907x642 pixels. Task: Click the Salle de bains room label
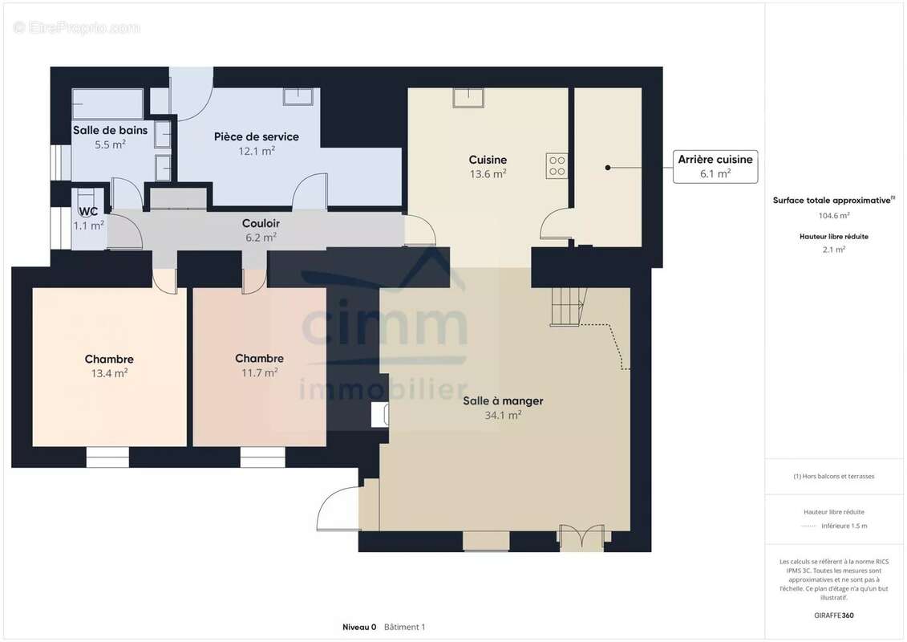pos(110,130)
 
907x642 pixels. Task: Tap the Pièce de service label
pos(257,136)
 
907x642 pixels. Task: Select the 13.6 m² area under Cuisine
pos(488,173)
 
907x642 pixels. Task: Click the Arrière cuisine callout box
pos(715,167)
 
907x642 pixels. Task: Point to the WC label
pos(88,211)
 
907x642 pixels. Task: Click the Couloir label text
pos(261,223)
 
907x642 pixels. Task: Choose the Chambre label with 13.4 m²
pos(109,359)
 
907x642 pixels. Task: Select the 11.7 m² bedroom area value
pos(259,373)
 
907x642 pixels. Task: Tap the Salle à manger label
pos(503,400)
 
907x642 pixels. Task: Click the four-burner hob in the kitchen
pos(557,166)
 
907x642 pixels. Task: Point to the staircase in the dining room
pos(568,307)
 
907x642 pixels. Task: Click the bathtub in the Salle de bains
pos(107,104)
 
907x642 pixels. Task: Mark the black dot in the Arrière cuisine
pos(607,168)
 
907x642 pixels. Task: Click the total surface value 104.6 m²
pos(833,215)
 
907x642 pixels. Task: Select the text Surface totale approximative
pos(832,201)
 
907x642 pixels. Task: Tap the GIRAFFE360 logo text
pos(833,616)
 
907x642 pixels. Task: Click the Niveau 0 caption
pos(359,627)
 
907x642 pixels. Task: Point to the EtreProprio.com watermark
pos(76,27)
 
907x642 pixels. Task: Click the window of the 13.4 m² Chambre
pos(107,457)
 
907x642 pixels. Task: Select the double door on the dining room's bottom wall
pos(581,538)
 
